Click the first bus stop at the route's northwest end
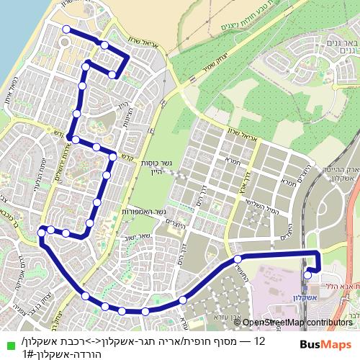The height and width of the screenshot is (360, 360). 66,30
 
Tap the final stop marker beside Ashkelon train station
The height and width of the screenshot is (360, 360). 308,274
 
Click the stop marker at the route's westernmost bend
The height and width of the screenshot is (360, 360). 42,231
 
